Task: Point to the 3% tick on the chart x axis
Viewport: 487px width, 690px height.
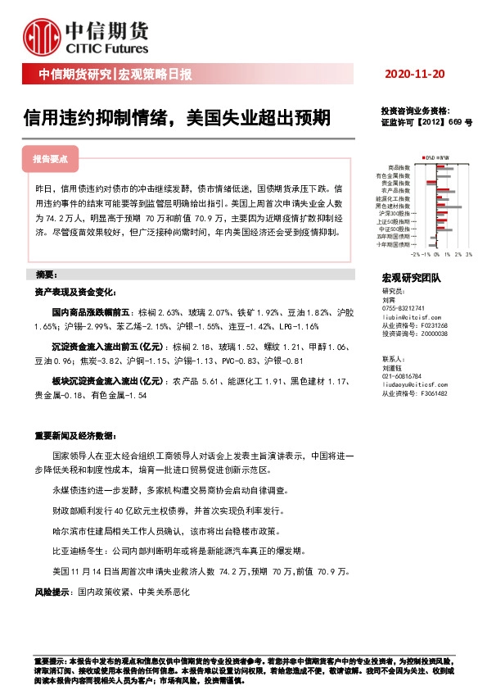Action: coord(469,254)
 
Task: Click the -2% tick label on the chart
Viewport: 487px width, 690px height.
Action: coord(415,254)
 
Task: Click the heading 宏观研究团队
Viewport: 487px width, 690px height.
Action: coord(411,279)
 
